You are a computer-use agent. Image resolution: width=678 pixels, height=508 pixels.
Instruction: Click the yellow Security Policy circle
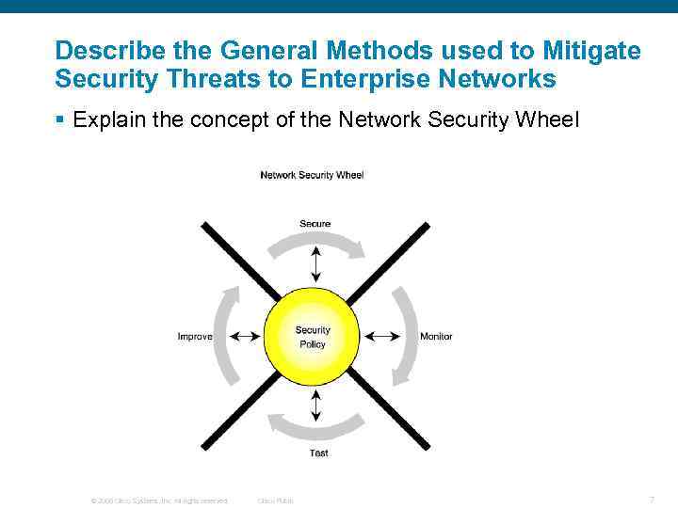(313, 337)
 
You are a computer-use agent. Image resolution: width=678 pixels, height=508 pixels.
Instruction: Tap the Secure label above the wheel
(315, 223)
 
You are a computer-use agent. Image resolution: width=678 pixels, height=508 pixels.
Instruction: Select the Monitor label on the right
(436, 337)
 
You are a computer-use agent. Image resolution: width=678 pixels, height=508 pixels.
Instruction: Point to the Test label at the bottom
(318, 453)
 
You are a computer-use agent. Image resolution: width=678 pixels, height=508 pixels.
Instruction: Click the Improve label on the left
(195, 337)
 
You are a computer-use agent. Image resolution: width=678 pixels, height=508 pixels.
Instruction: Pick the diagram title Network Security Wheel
(312, 175)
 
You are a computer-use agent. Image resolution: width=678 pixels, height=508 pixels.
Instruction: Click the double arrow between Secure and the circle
(315, 262)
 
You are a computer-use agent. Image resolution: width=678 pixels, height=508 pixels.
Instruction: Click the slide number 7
(652, 500)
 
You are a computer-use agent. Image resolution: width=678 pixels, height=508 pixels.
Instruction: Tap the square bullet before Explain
(59, 120)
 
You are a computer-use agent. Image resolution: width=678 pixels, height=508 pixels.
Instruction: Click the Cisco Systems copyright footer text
(158, 500)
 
